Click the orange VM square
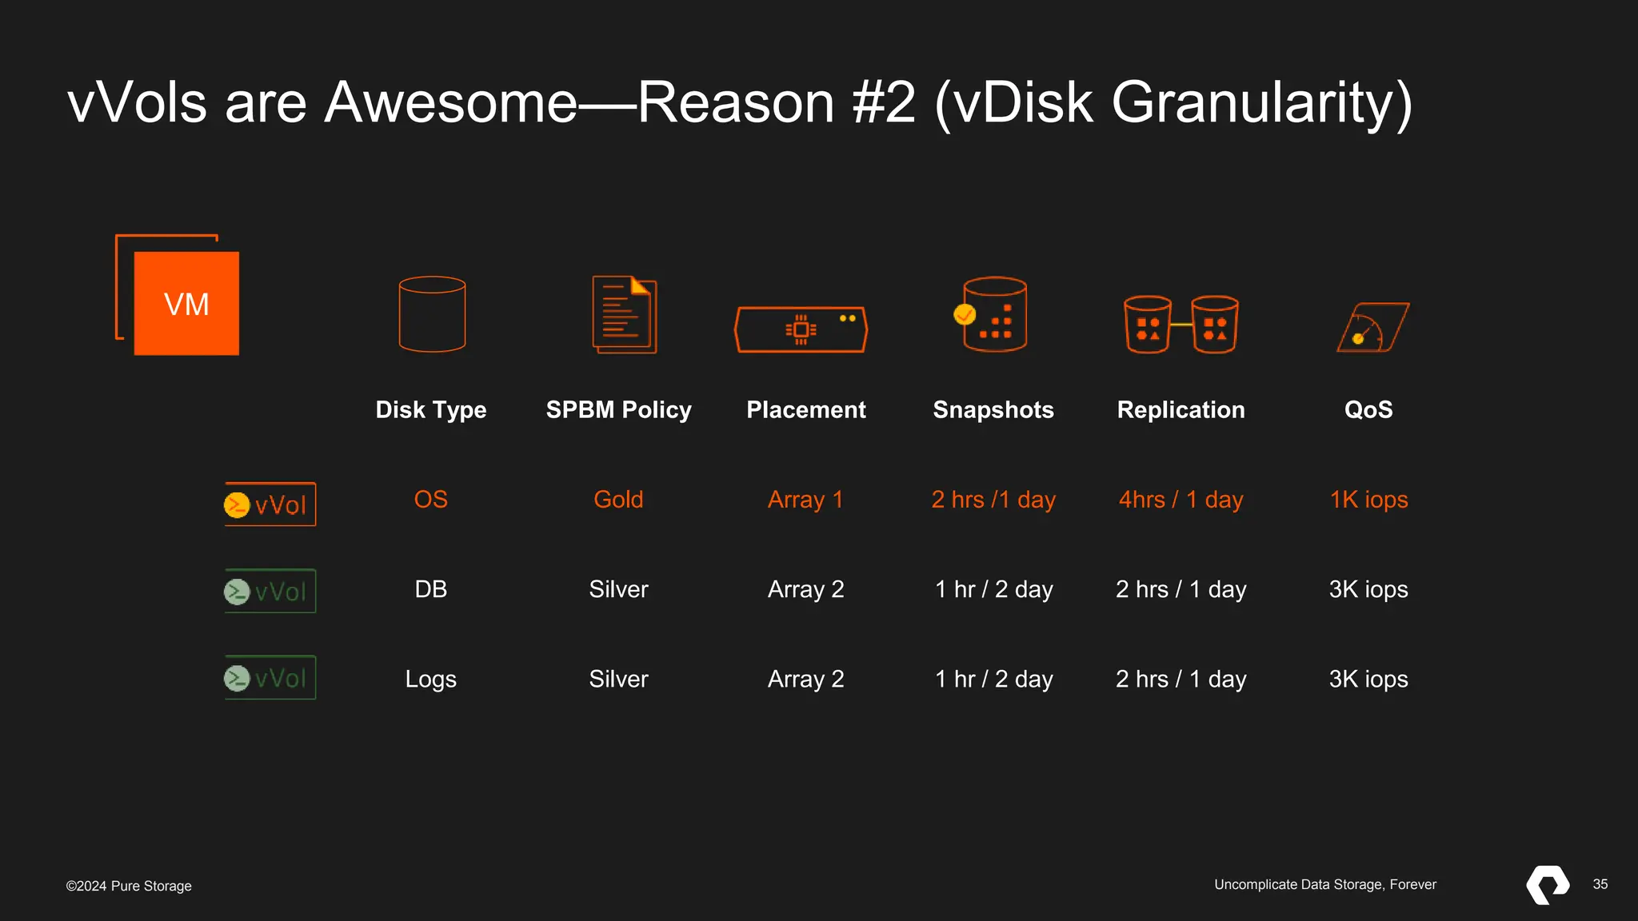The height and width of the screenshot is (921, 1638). [x=186, y=303]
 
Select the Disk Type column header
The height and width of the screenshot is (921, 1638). [x=431, y=409]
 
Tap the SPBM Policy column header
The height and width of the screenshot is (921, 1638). [x=618, y=409]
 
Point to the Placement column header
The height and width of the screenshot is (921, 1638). [x=805, y=409]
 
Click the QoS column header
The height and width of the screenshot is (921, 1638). [x=1368, y=409]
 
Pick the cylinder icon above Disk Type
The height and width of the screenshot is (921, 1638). [x=432, y=314]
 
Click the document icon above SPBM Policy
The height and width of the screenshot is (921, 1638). [x=624, y=314]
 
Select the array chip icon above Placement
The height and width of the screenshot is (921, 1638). [x=801, y=329]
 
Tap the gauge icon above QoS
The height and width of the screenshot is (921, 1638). [x=1372, y=327]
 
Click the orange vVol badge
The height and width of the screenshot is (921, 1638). [x=270, y=504]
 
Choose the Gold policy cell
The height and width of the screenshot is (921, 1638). [x=618, y=500]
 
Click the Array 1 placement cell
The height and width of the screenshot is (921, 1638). [x=805, y=500]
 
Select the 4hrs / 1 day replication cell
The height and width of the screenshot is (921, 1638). [x=1181, y=500]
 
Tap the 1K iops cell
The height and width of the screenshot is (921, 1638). [x=1368, y=500]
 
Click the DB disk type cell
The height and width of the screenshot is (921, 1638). [x=431, y=589]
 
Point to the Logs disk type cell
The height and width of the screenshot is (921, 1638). [x=431, y=679]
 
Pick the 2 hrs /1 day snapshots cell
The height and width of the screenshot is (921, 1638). [x=993, y=500]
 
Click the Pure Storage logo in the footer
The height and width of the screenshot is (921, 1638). [x=1548, y=884]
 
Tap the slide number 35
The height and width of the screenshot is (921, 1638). [x=1600, y=884]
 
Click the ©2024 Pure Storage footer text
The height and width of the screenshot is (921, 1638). [x=129, y=886]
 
